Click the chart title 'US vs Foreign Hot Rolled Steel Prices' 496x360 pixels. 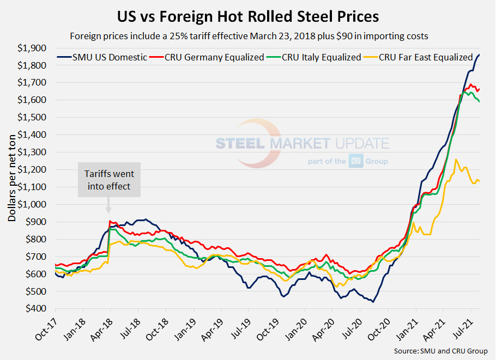pyautogui.click(x=248, y=16)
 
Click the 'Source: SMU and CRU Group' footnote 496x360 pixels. pyautogui.click(x=440, y=351)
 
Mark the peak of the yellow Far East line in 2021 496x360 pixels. pyautogui.click(x=456, y=160)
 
